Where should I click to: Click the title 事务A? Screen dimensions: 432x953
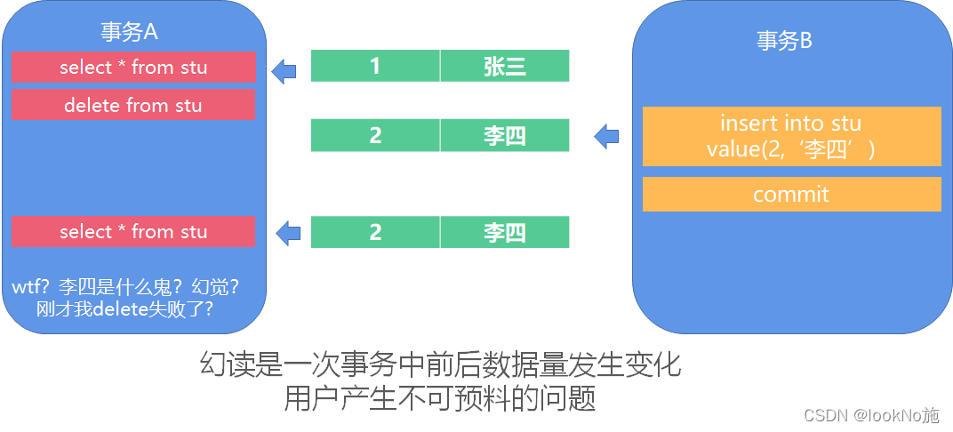click(x=129, y=32)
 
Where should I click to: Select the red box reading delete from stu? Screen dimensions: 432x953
click(x=133, y=105)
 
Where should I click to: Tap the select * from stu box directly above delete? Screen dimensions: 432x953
click(x=133, y=67)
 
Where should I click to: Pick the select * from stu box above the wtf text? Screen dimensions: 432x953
click(x=133, y=232)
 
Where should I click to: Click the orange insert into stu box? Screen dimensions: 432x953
click(x=791, y=136)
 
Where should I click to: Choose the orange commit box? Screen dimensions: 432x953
click(x=791, y=194)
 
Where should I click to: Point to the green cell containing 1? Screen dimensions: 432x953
click(x=375, y=66)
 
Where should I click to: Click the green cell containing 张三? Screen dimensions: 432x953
click(x=504, y=66)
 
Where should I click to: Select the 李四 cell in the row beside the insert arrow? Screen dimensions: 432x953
click(x=504, y=136)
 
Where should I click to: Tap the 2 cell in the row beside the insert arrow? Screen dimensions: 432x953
click(x=375, y=136)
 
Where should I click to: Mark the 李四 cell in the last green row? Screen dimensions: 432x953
click(x=504, y=233)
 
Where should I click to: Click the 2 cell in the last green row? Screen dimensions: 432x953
click(x=375, y=233)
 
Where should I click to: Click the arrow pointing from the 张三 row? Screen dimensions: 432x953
click(x=284, y=70)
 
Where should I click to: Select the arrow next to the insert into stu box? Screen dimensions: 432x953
click(x=606, y=136)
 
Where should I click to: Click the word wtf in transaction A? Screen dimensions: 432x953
click(x=28, y=287)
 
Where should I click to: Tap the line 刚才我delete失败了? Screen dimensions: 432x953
click(x=131, y=309)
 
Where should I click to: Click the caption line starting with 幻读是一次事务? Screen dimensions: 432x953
click(x=439, y=364)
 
